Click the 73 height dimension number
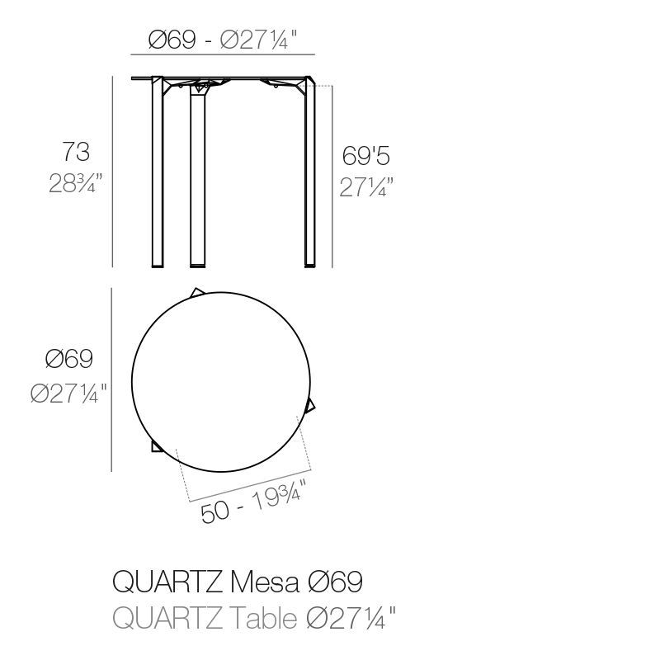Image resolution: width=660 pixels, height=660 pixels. click(x=76, y=152)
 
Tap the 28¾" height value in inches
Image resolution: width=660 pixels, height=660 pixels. click(x=75, y=183)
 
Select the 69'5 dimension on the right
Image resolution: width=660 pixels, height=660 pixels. click(x=365, y=155)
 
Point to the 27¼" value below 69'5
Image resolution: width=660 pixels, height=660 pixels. click(x=366, y=187)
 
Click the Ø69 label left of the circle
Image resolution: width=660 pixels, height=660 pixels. click(x=69, y=359)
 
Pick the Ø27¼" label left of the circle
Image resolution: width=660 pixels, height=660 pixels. click(x=68, y=394)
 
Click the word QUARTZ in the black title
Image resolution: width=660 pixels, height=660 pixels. click(x=167, y=582)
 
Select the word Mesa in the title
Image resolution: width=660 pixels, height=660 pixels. click(x=265, y=582)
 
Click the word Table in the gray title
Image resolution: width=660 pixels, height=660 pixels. click(x=264, y=618)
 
